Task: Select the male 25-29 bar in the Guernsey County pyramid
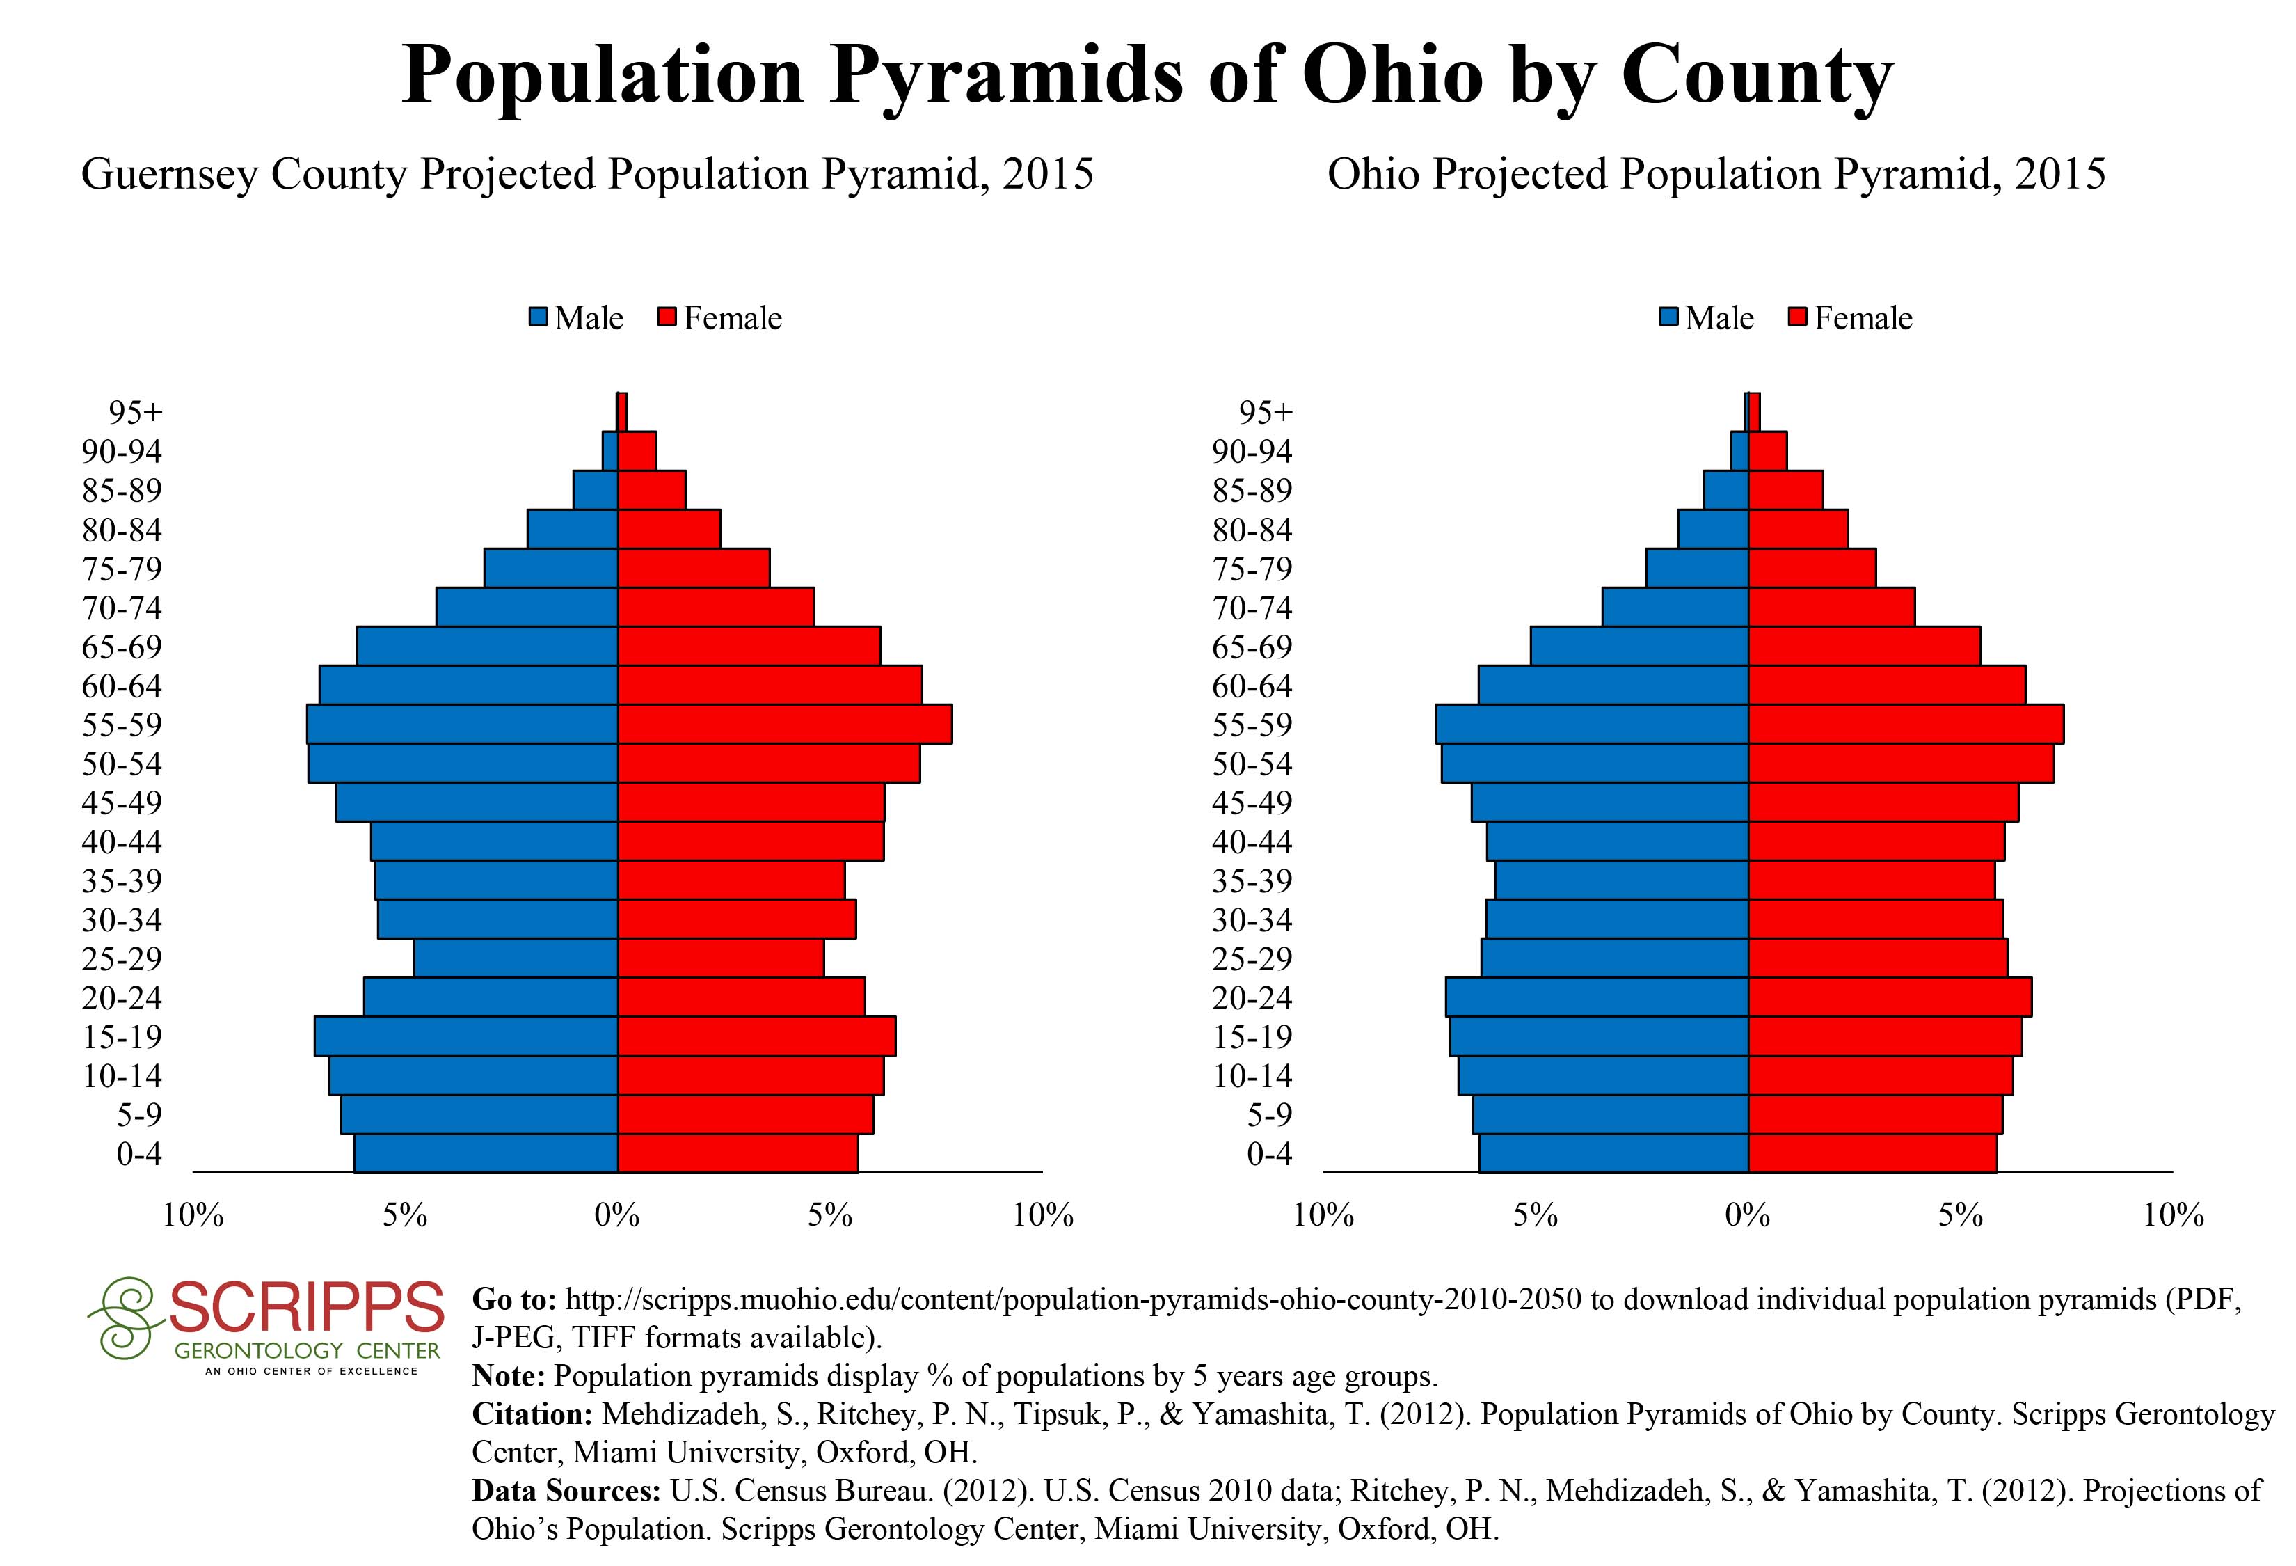point(516,958)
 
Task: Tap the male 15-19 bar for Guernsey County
point(465,1036)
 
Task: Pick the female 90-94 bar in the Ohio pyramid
point(1767,450)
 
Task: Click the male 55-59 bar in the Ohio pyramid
point(1592,725)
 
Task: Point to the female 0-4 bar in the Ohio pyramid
point(1872,1153)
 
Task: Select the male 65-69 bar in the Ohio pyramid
point(1639,646)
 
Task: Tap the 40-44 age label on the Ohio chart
point(1252,841)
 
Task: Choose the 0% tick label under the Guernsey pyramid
point(617,1215)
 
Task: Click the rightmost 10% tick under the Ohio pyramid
point(2173,1215)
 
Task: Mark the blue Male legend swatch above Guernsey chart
point(539,318)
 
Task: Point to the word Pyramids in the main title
point(1006,75)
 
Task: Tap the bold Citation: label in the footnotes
point(532,1414)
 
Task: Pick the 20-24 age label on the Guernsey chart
point(122,998)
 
